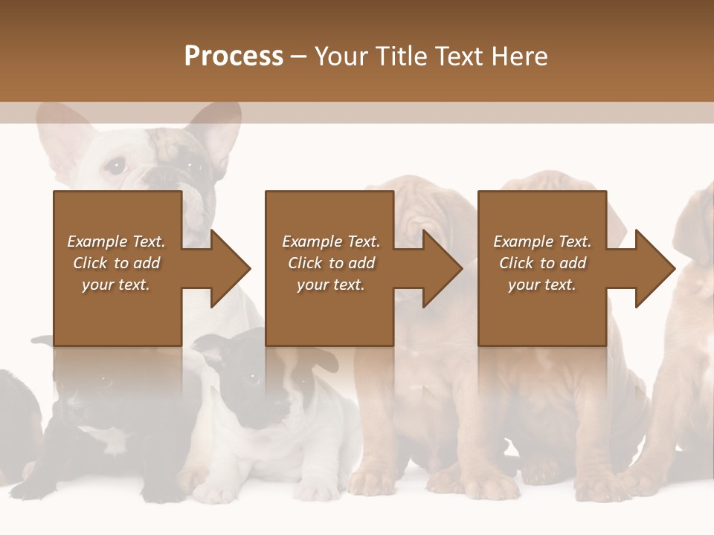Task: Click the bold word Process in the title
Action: (x=234, y=56)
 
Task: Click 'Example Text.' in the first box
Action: (x=116, y=241)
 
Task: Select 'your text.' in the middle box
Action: (x=330, y=285)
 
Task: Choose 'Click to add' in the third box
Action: (x=542, y=263)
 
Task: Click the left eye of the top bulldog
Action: (x=115, y=166)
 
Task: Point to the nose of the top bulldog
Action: (x=160, y=177)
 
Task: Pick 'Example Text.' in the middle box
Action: (x=330, y=241)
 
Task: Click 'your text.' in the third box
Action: (x=542, y=285)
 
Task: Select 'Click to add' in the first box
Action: (x=116, y=263)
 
